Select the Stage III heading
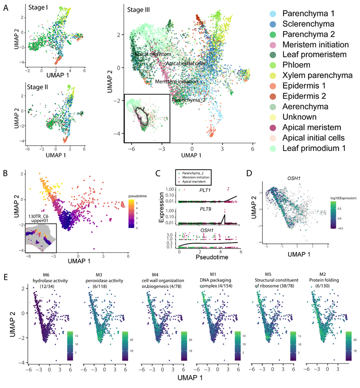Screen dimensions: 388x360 pyautogui.click(x=138, y=9)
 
